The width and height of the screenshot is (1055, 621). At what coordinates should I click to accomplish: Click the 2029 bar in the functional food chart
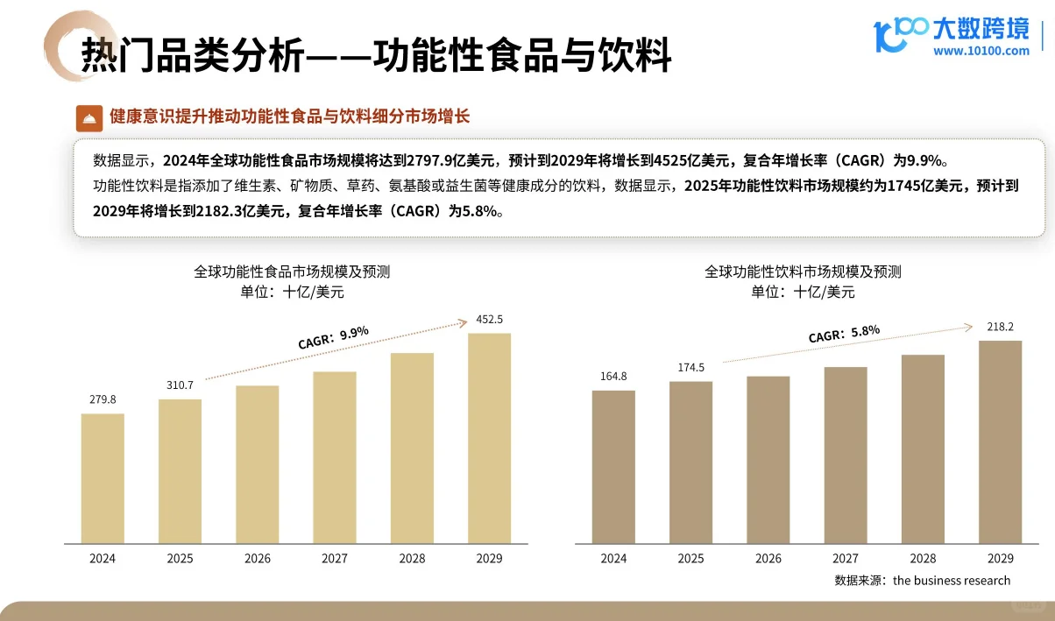click(x=489, y=437)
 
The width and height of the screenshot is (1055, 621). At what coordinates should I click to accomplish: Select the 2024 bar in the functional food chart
click(x=103, y=477)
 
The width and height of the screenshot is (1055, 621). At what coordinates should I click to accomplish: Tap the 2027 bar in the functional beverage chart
click(x=846, y=455)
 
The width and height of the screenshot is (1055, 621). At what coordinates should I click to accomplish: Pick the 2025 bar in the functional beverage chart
click(x=690, y=462)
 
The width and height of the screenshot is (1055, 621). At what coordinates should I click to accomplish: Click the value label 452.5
click(x=489, y=319)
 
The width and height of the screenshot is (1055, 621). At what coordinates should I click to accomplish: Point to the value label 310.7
click(x=179, y=385)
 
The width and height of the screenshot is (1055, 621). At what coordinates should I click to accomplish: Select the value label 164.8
click(x=613, y=377)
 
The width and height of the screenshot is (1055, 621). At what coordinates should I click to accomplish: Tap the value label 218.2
click(x=1000, y=327)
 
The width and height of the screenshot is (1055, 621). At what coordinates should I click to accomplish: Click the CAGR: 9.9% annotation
click(x=333, y=337)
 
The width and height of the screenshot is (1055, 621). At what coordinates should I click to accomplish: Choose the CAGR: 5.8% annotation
click(x=843, y=334)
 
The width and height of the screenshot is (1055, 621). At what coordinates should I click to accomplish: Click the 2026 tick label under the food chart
click(x=257, y=558)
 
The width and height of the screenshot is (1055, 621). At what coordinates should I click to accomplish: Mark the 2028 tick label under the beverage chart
click(x=923, y=558)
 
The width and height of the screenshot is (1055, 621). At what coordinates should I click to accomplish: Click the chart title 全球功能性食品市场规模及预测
click(x=292, y=272)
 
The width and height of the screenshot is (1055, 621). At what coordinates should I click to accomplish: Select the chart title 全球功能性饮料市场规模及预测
click(x=803, y=272)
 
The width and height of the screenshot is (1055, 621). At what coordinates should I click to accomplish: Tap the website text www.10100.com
click(x=981, y=51)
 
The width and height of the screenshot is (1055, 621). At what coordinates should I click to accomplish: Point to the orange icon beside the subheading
click(x=89, y=117)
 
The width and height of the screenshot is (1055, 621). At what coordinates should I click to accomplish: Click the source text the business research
click(x=952, y=580)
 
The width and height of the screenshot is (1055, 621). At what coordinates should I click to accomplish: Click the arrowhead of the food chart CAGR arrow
click(x=464, y=323)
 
